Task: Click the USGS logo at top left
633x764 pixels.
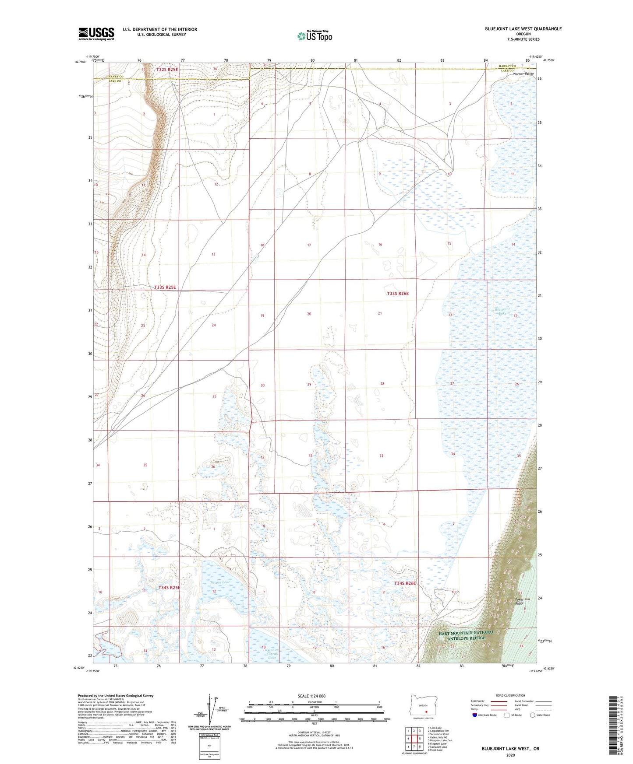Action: [x=96, y=34]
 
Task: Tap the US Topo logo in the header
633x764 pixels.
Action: [x=315, y=36]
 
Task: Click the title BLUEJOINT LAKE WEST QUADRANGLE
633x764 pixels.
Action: [x=523, y=29]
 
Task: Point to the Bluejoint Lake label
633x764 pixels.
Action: [x=502, y=311]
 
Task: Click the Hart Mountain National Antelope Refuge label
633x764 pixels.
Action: [x=467, y=635]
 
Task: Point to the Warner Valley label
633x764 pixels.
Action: [x=523, y=74]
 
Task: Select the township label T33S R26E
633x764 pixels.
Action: [x=397, y=294]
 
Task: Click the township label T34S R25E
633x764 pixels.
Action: [x=169, y=587]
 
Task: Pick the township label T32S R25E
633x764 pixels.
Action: [x=166, y=70]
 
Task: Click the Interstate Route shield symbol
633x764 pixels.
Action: [x=475, y=715]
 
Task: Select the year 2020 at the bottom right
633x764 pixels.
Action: [x=510, y=755]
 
